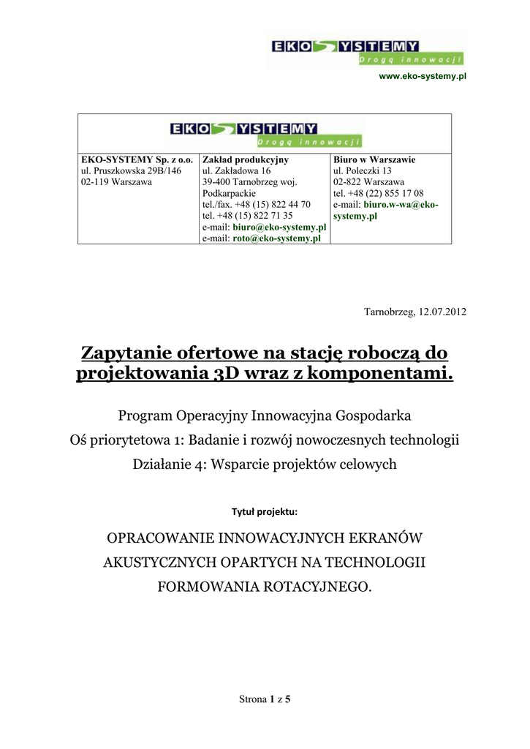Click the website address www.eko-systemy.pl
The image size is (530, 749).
[423, 76]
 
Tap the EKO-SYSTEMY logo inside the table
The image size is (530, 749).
[265, 134]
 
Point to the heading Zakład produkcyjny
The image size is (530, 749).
[245, 159]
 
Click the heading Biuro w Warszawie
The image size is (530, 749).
[374, 159]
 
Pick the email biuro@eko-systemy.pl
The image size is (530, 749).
[279, 227]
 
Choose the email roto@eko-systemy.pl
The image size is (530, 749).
[277, 238]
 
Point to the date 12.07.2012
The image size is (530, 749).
[442, 312]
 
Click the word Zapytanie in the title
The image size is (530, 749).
[126, 353]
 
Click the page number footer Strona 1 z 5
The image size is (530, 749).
[265, 699]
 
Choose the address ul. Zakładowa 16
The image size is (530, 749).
[236, 170]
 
